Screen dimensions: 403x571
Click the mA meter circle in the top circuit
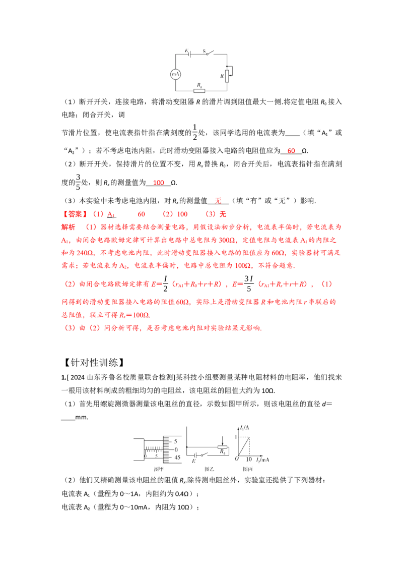176,74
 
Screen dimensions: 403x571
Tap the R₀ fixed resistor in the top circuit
199,91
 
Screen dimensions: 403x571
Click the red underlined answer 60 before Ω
291,151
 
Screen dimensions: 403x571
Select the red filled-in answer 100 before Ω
159,183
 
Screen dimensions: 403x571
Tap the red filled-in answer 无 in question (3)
218,201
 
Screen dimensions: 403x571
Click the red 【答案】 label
75,214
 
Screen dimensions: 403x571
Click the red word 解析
69,227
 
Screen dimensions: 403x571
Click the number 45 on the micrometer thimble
177,458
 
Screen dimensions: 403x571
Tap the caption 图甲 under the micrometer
159,469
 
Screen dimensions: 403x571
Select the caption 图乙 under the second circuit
209,469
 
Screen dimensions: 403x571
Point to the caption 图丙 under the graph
248,469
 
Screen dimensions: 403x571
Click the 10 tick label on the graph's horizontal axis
249,460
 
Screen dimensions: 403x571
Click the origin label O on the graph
236,459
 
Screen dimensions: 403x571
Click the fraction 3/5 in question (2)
78,182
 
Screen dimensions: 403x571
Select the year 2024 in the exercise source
78,378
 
